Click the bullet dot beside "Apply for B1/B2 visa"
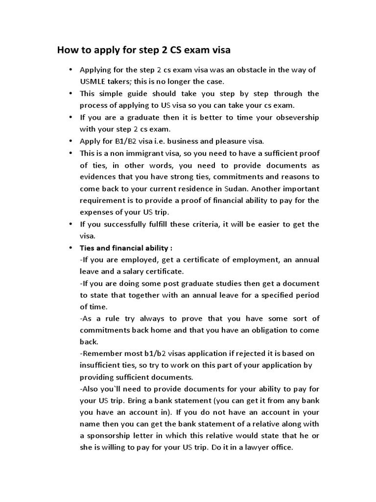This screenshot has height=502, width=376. click(70, 141)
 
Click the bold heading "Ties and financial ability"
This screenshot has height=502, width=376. click(125, 248)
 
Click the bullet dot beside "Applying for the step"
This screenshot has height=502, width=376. click(70, 70)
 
